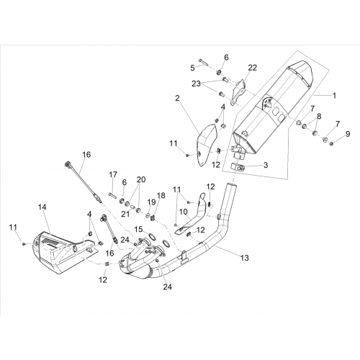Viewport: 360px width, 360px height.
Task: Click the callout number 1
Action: [x=334, y=96]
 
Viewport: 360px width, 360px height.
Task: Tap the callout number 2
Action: [x=177, y=98]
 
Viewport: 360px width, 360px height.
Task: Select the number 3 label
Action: [x=266, y=165]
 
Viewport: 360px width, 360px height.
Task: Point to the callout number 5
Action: [x=192, y=68]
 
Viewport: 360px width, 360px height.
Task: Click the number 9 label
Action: [x=348, y=134]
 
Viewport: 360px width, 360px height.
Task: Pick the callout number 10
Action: [x=183, y=212]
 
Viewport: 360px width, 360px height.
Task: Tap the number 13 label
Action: [x=245, y=258]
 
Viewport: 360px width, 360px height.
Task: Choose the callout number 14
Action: [x=42, y=207]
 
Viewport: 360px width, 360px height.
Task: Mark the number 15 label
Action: [x=138, y=229]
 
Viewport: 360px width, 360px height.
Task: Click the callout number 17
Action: [x=113, y=175]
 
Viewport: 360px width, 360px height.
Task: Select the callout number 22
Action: [x=253, y=68]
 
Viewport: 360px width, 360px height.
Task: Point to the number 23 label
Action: [x=196, y=84]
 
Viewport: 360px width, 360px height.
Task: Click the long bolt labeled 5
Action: [x=203, y=62]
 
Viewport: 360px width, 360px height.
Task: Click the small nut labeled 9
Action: [x=332, y=144]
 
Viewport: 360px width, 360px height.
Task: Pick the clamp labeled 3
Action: [x=238, y=166]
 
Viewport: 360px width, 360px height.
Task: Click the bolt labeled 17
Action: [x=112, y=194]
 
